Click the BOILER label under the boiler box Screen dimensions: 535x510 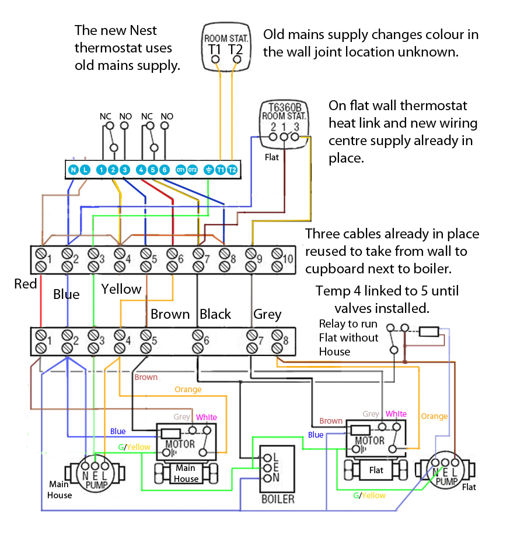[278, 499]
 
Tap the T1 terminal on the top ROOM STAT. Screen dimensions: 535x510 [215, 58]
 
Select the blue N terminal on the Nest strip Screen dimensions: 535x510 [73, 170]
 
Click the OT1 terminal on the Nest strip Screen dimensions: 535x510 [180, 170]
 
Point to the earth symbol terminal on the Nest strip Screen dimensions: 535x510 [208, 170]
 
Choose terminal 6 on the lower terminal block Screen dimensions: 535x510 [198, 342]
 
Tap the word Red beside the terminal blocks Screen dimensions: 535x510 [26, 284]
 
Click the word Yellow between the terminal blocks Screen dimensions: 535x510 [121, 289]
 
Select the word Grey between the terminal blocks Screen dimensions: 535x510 [267, 314]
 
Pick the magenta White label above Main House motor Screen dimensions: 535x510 [206, 417]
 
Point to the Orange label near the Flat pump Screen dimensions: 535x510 [434, 416]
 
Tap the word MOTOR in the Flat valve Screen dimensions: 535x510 [370, 441]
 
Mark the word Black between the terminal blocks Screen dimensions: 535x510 [215, 314]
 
